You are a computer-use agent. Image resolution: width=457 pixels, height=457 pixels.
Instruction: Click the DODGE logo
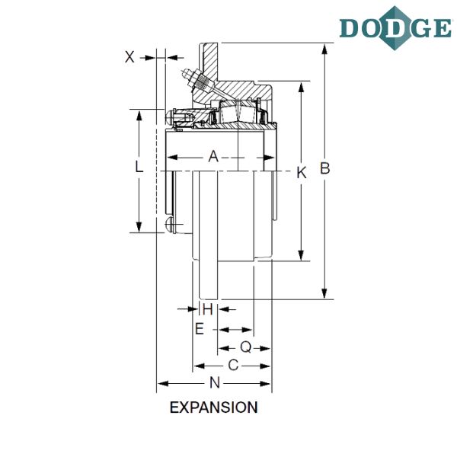coord(395,28)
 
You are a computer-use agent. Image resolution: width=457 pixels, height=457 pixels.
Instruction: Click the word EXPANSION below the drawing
coord(213,407)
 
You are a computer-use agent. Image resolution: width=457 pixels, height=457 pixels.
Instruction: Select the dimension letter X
coord(129,56)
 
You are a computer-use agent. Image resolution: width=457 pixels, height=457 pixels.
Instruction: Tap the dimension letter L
coord(139,167)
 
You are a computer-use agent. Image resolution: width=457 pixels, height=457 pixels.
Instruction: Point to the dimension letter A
coord(213,156)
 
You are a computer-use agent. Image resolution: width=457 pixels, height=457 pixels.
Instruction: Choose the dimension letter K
coord(302,173)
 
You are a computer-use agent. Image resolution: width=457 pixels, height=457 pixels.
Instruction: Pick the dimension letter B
coord(325,168)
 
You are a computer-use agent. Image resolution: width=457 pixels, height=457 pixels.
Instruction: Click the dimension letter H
coord(207,309)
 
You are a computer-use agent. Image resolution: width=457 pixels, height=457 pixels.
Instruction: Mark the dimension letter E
coord(200,329)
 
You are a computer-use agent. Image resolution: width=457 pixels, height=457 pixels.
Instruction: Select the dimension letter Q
coord(246,347)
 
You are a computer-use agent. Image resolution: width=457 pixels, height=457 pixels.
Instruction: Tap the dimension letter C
coord(233,365)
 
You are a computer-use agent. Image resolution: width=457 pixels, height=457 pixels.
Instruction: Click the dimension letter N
coord(215,382)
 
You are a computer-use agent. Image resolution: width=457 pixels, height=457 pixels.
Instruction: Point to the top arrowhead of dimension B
coord(324,49)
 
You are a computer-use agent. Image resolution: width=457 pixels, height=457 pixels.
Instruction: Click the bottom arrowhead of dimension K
coord(301,255)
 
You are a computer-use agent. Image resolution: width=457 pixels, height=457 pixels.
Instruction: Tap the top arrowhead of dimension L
coord(139,116)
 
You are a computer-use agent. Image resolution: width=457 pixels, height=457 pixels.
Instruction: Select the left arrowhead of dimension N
coord(163,384)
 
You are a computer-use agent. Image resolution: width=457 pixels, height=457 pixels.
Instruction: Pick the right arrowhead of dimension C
coord(265,366)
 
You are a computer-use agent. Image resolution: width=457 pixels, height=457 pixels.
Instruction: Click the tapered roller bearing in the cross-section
coord(238,112)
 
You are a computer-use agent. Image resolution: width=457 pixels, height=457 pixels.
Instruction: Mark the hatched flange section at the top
coord(210,62)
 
